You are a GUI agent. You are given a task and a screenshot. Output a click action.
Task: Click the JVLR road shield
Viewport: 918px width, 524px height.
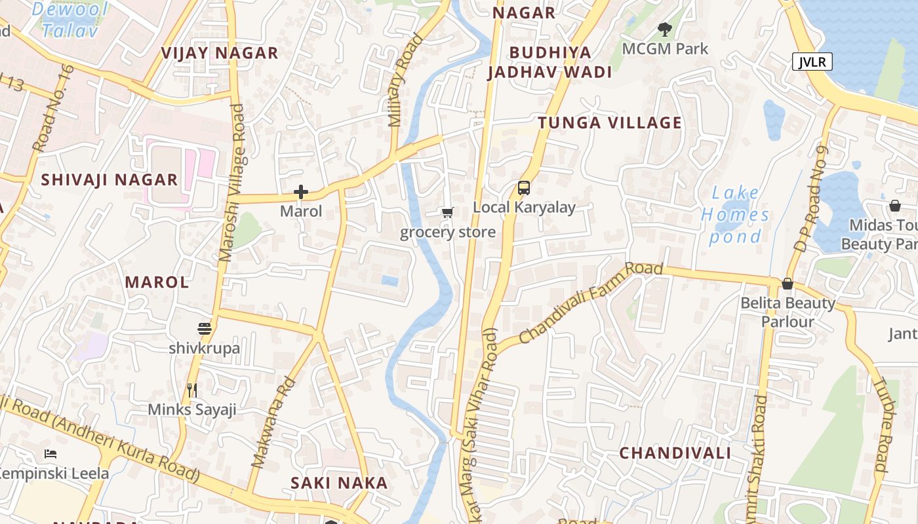[812, 62]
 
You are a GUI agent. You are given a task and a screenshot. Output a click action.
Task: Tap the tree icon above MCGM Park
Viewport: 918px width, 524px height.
[665, 29]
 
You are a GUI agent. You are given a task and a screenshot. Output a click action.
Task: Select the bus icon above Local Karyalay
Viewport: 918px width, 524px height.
[523, 188]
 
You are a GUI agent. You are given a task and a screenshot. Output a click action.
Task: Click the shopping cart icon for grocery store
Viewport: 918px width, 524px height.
[447, 212]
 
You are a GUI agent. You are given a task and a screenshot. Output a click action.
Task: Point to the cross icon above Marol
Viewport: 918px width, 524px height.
[301, 192]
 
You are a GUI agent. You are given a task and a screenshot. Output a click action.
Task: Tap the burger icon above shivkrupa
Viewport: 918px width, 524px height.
[205, 329]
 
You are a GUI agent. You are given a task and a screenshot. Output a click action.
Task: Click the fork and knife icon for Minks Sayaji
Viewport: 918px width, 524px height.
[192, 390]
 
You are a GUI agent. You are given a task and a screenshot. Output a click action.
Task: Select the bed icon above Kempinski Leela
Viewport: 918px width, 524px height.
[50, 453]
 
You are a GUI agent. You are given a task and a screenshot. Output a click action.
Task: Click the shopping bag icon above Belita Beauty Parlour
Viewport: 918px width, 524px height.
[788, 284]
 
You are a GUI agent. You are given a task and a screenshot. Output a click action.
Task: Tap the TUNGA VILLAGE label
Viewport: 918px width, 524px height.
[610, 123]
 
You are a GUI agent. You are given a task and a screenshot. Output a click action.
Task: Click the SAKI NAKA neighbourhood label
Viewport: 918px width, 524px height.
[339, 483]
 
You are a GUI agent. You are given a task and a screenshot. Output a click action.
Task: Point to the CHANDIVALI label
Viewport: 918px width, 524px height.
[675, 453]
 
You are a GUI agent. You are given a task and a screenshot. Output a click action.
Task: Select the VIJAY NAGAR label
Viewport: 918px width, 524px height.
[220, 53]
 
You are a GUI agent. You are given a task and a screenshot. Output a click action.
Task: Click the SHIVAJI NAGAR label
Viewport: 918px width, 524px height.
[110, 180]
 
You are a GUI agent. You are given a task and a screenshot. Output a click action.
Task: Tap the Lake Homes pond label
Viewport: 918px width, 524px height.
[735, 214]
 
